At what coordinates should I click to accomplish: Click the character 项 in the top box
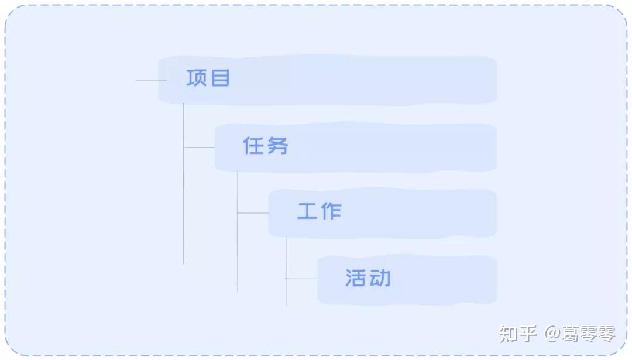click(197, 78)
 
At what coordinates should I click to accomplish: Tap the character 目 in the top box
click(220, 78)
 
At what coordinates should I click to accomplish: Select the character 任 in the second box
click(253, 146)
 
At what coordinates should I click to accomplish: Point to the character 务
click(277, 146)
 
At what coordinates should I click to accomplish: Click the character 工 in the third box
click(307, 211)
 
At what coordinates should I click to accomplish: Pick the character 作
click(331, 211)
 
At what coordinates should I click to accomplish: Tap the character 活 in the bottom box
click(356, 278)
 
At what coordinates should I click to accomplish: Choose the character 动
click(380, 278)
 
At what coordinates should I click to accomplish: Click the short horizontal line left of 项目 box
click(150, 81)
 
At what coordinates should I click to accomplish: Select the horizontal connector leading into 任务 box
click(200, 148)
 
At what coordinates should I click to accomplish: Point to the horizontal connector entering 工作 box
click(253, 213)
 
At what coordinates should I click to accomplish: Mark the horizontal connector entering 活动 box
click(301, 279)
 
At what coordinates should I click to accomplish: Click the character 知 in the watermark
click(509, 334)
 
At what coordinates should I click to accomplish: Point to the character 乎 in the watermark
click(528, 334)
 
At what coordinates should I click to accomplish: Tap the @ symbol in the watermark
click(552, 335)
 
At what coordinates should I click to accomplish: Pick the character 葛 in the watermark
click(571, 334)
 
